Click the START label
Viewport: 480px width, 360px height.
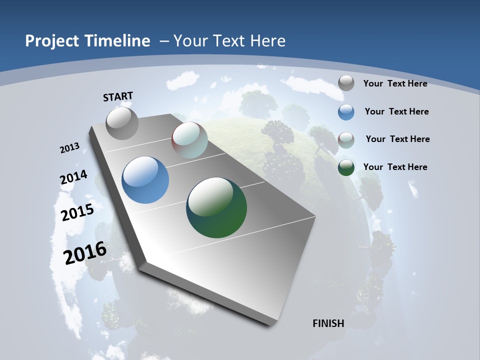pyautogui.click(x=118, y=96)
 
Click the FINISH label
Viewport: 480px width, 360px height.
pyautogui.click(x=328, y=323)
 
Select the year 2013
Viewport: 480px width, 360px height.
pyautogui.click(x=69, y=148)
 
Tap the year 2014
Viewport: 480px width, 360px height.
pyautogui.click(x=73, y=177)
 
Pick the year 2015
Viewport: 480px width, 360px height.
pyautogui.click(x=77, y=212)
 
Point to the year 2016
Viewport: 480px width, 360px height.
pyautogui.click(x=85, y=253)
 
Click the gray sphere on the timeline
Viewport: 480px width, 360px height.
pyautogui.click(x=122, y=123)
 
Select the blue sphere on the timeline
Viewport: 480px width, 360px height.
pyautogui.click(x=145, y=180)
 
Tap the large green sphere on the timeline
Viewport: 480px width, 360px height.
pyautogui.click(x=216, y=207)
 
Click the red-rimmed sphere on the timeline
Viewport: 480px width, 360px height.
pyautogui.click(x=189, y=140)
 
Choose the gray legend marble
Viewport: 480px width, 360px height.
pyautogui.click(x=346, y=83)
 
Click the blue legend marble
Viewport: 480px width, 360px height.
pyautogui.click(x=346, y=112)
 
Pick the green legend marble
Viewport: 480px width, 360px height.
pyautogui.click(x=346, y=167)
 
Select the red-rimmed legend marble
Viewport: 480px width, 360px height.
pyautogui.click(x=346, y=139)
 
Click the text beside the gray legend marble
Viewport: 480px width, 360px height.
pyautogui.click(x=395, y=83)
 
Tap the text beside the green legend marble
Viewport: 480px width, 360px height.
pyautogui.click(x=395, y=167)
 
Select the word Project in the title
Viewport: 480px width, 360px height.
pyautogui.click(x=50, y=41)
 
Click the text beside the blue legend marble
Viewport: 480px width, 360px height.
pyautogui.click(x=396, y=111)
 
